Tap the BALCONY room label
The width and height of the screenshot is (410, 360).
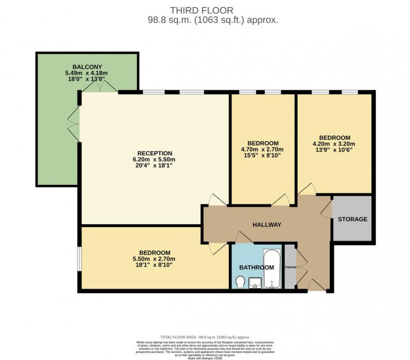pyautogui.click(x=87, y=66)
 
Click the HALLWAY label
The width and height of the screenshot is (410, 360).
pyautogui.click(x=267, y=225)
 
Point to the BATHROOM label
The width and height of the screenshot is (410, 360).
pyautogui.click(x=257, y=268)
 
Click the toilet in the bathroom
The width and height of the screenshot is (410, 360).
pyautogui.click(x=240, y=282)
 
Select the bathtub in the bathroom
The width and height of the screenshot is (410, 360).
pyautogui.click(x=272, y=271)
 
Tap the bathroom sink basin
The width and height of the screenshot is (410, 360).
pyautogui.click(x=255, y=284)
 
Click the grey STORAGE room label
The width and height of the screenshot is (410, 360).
pyautogui.click(x=353, y=220)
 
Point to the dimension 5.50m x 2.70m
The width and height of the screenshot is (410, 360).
pyautogui.click(x=155, y=259)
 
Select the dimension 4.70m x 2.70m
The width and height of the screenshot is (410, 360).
pyautogui.click(x=262, y=149)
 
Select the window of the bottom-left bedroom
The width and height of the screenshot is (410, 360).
pyautogui.click(x=79, y=259)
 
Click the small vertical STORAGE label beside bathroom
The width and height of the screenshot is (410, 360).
pyautogui.click(x=290, y=268)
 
